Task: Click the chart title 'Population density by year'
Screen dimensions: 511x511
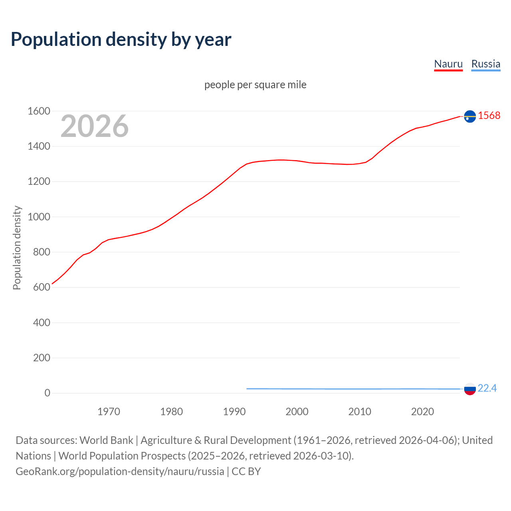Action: coord(121,40)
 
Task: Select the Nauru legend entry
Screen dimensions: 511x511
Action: coord(448,64)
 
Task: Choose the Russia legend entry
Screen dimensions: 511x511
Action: coord(485,64)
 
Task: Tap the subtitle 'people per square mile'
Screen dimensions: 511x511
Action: coord(255,85)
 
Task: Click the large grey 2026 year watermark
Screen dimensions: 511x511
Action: coord(95,126)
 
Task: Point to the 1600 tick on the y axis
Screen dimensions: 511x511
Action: coord(39,111)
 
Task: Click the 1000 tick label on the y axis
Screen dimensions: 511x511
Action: coord(39,217)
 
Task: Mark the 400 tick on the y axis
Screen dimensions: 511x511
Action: coord(42,323)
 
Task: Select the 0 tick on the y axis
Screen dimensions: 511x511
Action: coord(47,393)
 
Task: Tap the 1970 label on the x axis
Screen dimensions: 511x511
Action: coord(109,412)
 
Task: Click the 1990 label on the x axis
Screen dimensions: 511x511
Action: coord(234,412)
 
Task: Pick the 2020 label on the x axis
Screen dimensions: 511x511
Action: coord(422,412)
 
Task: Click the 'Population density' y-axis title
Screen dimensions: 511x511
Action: coord(17,248)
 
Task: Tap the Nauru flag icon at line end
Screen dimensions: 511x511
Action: coord(470,116)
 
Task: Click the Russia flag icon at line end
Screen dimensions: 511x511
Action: coord(470,389)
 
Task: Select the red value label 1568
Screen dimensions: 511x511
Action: coord(489,115)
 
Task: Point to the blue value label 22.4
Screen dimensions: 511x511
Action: coord(487,388)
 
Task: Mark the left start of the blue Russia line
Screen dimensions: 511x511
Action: coord(247,388)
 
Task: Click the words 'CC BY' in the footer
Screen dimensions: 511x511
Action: coord(246,471)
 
